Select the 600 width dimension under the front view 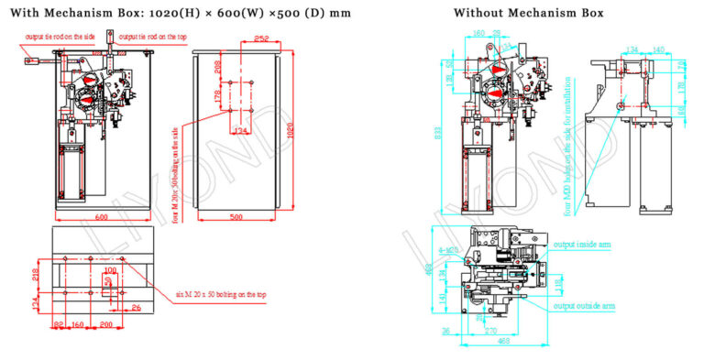(101, 217)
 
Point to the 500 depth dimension (236, 217)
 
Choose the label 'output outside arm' (585, 304)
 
